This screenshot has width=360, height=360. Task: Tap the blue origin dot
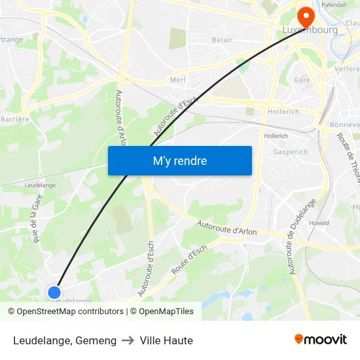coord(55,293)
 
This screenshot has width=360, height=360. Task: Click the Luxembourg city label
coord(310,30)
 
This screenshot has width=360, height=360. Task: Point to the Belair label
coord(223,40)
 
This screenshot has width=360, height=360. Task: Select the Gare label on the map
coord(302,80)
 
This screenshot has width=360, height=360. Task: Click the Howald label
coord(319,223)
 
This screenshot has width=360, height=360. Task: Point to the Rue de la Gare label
coord(37,219)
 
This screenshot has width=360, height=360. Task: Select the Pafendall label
coord(334,5)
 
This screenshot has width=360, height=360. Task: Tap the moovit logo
coord(320,339)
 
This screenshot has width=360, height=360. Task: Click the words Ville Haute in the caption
coord(166,340)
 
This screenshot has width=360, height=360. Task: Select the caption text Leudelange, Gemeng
coord(65,340)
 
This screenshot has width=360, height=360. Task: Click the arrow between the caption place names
coord(128,340)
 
